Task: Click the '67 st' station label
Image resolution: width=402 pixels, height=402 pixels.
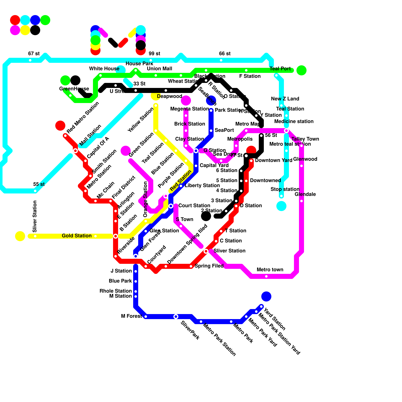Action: pos(34,54)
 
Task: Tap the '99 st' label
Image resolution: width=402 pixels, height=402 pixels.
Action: pos(154,54)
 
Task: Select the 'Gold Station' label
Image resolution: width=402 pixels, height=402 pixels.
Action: pos(77,236)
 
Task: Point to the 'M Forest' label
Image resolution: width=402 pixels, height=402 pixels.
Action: pos(131,316)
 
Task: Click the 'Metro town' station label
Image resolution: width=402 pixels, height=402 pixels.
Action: pos(270,270)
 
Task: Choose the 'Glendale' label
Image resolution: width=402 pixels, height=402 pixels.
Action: pos(305,194)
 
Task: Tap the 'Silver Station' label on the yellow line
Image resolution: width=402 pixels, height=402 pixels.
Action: pos(35,216)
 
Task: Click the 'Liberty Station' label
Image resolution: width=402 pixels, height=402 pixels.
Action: pos(202,185)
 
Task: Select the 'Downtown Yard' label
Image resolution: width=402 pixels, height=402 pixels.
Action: pos(274,160)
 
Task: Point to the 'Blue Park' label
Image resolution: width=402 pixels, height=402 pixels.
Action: pos(120,281)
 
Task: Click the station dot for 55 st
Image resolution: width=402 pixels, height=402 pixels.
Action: pos(35,191)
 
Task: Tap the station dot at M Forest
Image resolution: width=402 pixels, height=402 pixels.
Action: pos(146,317)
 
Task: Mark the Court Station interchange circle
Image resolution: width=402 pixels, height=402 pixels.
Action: pos(171,206)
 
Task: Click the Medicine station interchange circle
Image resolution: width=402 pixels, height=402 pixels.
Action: pos(286,131)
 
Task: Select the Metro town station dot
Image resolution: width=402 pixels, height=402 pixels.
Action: pos(266,276)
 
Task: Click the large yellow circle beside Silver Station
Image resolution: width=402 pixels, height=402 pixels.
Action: pos(20,236)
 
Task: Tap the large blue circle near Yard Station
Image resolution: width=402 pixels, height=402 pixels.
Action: pos(266,296)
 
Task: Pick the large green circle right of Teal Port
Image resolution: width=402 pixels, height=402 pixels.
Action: pos(301,70)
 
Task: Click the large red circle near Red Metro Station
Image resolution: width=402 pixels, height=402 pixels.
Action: pos(60,126)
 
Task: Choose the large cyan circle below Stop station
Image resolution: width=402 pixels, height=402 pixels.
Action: pos(281,206)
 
